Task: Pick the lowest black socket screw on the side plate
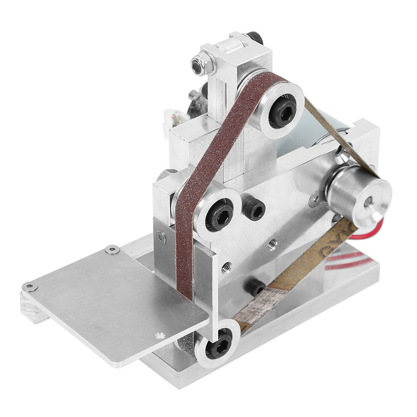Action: pos(253,287)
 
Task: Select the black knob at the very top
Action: pos(254,38)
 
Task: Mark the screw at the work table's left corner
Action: pos(29,287)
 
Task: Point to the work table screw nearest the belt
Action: pos(159,335)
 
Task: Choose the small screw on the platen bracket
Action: pos(162,239)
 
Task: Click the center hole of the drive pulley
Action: pos(369,203)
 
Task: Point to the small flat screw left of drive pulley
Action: pos(316,199)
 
